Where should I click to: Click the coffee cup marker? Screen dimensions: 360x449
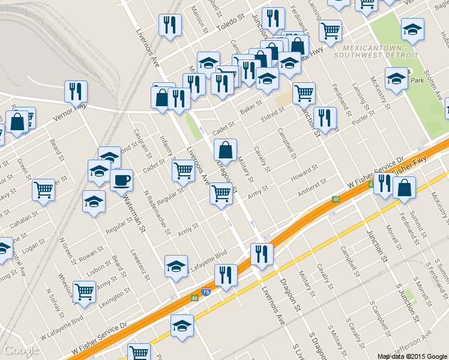click(x=121, y=179)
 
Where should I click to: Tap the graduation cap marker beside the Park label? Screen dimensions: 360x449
click(x=396, y=78)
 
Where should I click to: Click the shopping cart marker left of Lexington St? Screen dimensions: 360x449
click(x=84, y=292)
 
